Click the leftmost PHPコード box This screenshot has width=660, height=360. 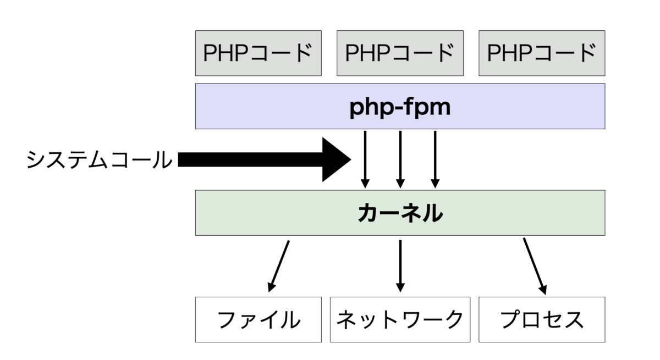(258, 53)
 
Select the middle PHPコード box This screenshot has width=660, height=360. (400, 53)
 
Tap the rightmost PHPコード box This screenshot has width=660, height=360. (542, 53)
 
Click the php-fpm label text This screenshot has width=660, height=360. (400, 107)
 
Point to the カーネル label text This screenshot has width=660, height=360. (400, 213)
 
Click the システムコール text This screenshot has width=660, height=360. (99, 160)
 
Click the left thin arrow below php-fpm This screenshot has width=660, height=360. (364, 159)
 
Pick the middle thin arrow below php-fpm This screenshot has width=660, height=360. (400, 159)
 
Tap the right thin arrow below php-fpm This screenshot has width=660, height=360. (435, 159)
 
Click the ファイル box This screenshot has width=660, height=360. (258, 319)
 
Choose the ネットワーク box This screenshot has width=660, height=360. (400, 319)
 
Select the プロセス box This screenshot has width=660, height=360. (542, 319)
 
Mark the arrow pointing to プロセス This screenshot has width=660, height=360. (534, 265)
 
